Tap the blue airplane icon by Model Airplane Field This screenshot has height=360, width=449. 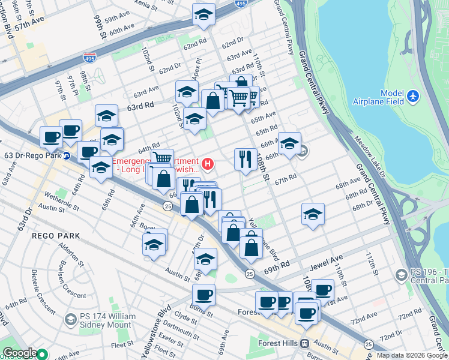point(412,95)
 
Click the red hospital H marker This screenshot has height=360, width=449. point(208,163)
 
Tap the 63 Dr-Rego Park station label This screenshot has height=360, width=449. point(32,155)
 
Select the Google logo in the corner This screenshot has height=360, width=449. point(20,353)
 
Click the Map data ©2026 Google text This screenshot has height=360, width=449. point(412,355)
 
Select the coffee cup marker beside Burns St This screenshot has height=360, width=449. point(203,295)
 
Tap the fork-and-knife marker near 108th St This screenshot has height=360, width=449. point(245,160)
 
